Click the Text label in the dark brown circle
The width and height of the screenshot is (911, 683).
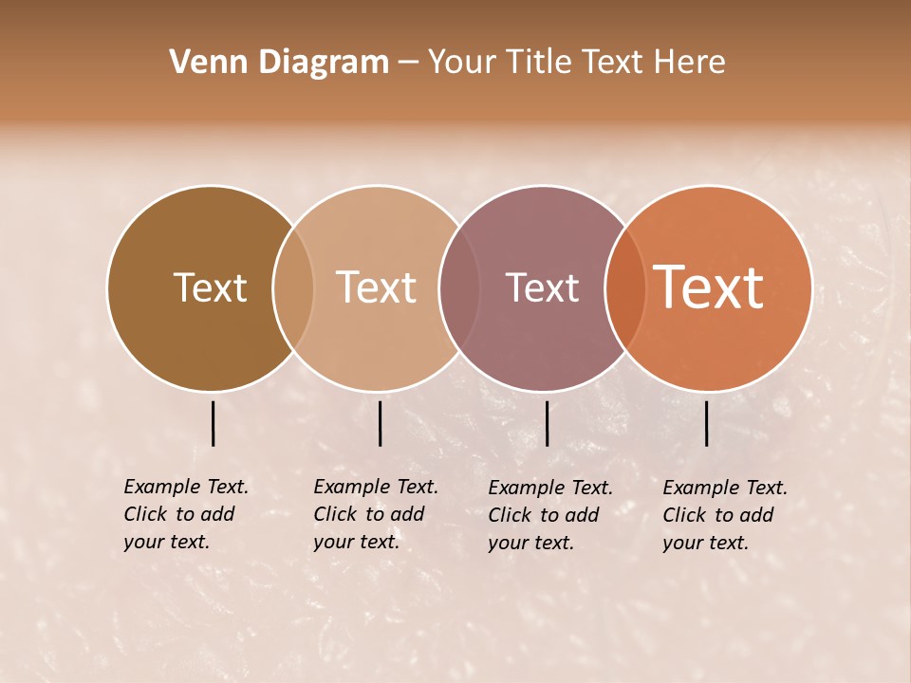tap(210, 287)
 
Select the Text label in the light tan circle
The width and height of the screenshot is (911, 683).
tap(377, 287)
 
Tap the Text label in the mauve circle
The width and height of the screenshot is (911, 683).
tap(542, 287)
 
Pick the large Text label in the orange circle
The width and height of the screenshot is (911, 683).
tap(709, 287)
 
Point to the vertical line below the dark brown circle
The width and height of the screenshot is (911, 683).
tap(214, 423)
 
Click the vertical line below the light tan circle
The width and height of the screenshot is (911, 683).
tap(380, 423)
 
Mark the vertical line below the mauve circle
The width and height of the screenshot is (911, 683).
tap(547, 423)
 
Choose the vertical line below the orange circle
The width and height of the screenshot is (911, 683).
tap(707, 423)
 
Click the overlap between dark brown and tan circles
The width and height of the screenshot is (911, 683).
tap(293, 287)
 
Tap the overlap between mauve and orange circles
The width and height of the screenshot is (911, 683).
tap(624, 287)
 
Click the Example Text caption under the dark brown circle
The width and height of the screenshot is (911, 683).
tap(185, 514)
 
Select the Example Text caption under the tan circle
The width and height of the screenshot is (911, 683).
tap(375, 514)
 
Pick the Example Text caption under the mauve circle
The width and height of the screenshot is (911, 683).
tap(549, 515)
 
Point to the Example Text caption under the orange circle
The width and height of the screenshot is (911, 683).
tap(724, 515)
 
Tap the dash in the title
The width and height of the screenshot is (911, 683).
tap(407, 63)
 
